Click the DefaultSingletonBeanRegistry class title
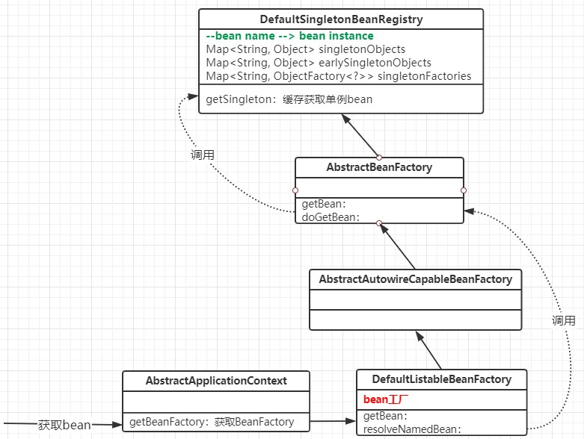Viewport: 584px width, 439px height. tap(341, 20)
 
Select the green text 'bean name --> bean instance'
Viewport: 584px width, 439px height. tap(290, 36)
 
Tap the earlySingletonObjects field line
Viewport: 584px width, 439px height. tap(319, 63)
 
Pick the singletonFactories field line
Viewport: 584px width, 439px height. tap(339, 76)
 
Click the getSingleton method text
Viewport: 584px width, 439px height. tap(289, 99)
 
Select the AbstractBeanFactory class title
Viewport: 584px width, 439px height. tap(379, 167)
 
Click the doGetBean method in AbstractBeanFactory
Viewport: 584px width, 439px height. tap(331, 217)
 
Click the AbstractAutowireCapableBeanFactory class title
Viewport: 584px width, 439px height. tap(416, 279)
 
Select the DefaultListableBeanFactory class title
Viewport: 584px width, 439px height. tap(441, 379)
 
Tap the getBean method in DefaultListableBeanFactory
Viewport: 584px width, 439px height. tap(385, 416)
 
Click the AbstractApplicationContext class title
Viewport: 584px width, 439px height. tap(216, 380)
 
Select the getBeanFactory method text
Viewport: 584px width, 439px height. tap(212, 422)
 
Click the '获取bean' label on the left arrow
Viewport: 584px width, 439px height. tap(64, 425)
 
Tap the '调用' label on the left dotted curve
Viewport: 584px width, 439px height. tap(202, 155)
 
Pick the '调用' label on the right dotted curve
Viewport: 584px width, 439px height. tap(563, 320)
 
